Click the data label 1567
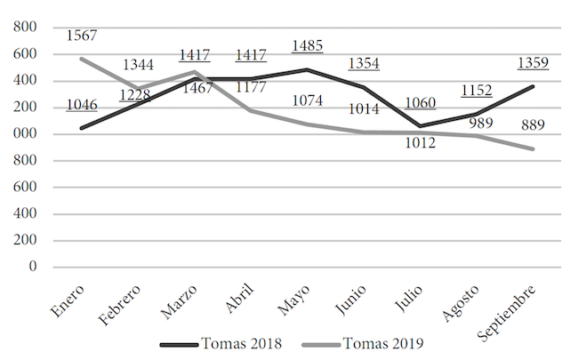click(81, 36)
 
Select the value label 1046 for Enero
click(81, 105)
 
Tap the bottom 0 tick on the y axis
click(34, 266)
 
